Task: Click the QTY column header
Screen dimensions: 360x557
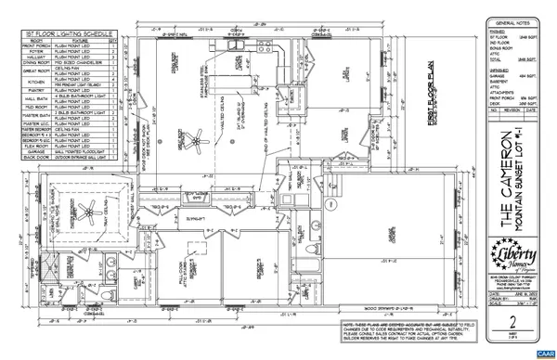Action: (113, 40)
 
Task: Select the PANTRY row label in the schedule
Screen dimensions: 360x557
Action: (37, 89)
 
